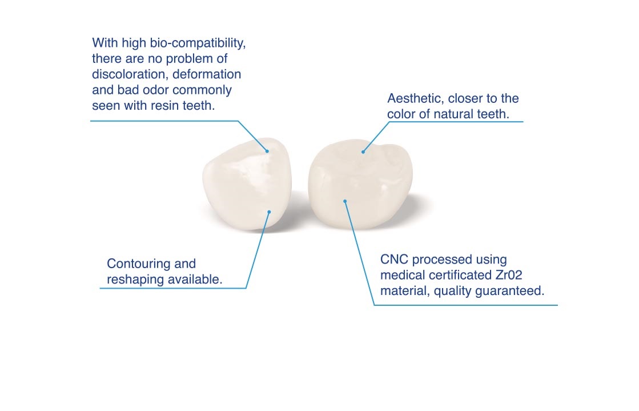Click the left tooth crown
(247, 183)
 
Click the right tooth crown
(360, 183)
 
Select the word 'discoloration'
(128, 74)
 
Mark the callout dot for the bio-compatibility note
(267, 151)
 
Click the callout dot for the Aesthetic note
(363, 152)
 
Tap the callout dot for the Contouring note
(269, 212)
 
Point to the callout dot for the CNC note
(345, 201)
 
